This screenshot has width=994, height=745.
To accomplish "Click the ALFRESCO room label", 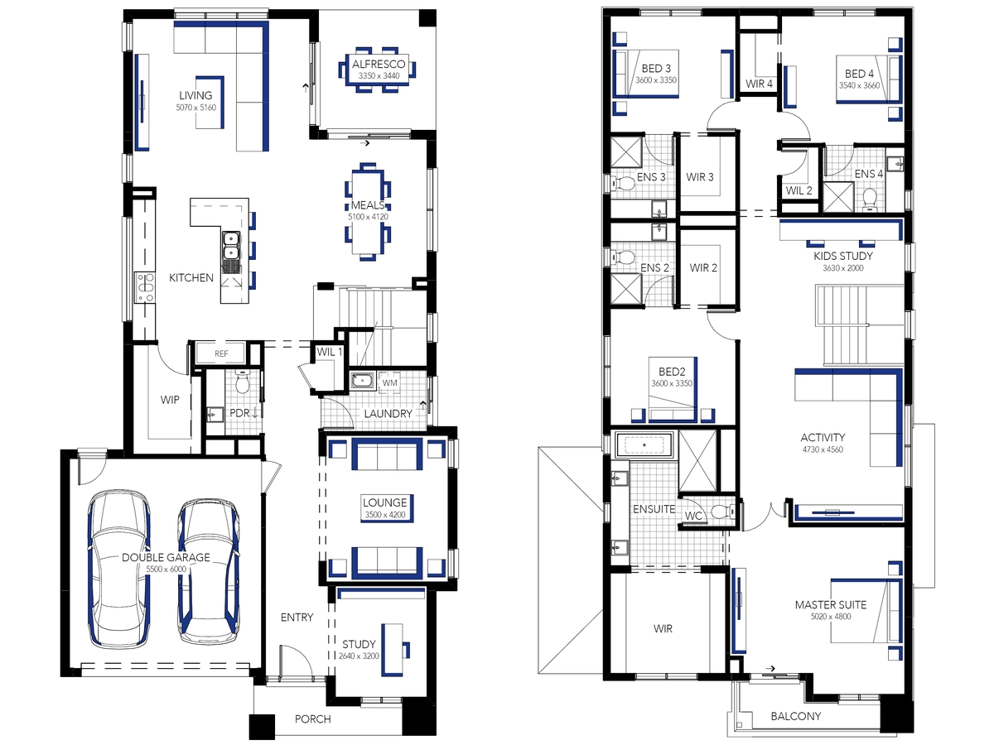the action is (x=379, y=65).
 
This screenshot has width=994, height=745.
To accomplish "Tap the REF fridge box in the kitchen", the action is (x=221, y=353).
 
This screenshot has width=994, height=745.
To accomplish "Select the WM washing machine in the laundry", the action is (x=389, y=382).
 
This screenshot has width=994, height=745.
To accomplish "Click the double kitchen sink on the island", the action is (x=231, y=252).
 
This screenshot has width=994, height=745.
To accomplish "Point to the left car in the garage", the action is (x=119, y=568).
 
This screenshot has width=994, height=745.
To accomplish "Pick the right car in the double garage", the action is (x=208, y=571).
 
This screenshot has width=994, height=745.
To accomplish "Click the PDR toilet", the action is (x=244, y=382).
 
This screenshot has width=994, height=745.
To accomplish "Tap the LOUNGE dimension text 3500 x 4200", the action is (x=385, y=515).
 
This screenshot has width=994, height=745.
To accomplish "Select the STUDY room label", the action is (x=359, y=644).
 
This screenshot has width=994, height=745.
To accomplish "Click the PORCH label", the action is (x=312, y=719).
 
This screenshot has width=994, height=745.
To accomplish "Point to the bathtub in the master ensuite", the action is (x=644, y=445).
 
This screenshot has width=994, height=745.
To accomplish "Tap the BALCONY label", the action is (x=796, y=716).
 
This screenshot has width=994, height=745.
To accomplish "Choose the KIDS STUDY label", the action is (x=842, y=256).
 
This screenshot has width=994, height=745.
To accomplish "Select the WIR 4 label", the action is (x=759, y=84).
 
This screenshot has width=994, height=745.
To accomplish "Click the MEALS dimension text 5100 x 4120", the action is (x=368, y=217).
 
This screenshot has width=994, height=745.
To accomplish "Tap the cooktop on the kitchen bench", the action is (x=145, y=287).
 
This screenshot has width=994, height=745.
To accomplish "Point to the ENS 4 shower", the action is (x=837, y=196).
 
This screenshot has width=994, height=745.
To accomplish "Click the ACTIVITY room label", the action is (x=823, y=437).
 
